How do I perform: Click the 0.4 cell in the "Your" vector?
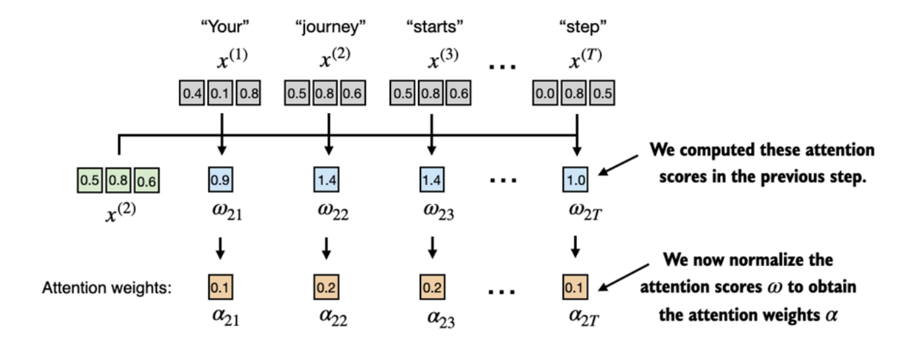pos(192,93)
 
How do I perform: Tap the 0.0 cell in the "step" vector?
pos(545,93)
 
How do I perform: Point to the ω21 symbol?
pos(221,214)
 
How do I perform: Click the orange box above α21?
pos(219,287)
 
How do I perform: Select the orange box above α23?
pos(431,287)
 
